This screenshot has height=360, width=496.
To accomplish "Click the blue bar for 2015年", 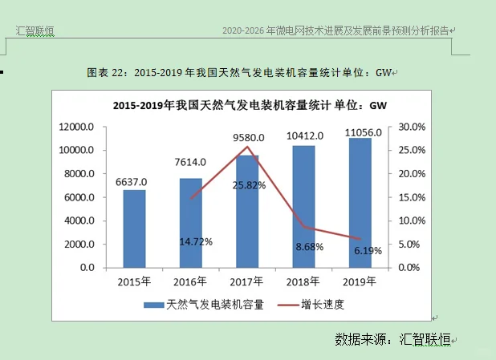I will click(x=134, y=229).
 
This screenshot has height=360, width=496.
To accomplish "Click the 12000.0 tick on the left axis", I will click(x=77, y=127).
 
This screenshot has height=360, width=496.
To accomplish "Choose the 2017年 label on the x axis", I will click(x=247, y=281).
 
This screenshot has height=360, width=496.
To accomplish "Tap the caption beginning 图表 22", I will click(x=241, y=73).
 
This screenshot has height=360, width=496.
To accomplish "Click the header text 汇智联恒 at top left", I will click(x=35, y=31).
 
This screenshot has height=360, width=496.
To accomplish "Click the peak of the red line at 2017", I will click(x=249, y=147).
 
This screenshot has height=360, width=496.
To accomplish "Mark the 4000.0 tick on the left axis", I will click(x=80, y=220).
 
